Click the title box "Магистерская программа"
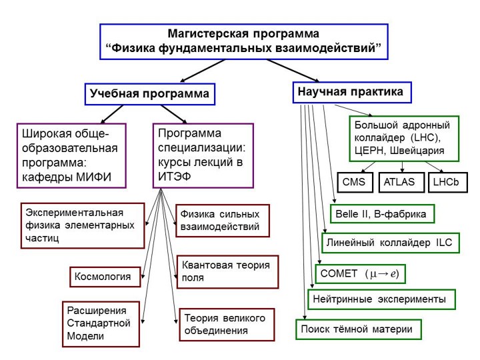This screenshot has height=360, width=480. (244, 41)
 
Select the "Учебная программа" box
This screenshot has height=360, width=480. (149, 95)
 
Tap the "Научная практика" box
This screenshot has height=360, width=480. (351, 92)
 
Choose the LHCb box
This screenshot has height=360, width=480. (445, 182)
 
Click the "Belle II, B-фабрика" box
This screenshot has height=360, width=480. (383, 214)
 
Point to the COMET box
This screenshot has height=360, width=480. (359, 274)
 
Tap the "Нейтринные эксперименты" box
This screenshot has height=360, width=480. (381, 299)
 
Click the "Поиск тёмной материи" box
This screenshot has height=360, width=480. (359, 329)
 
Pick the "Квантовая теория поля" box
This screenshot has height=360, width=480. (227, 271)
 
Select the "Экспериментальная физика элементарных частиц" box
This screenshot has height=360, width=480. (82, 225)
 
